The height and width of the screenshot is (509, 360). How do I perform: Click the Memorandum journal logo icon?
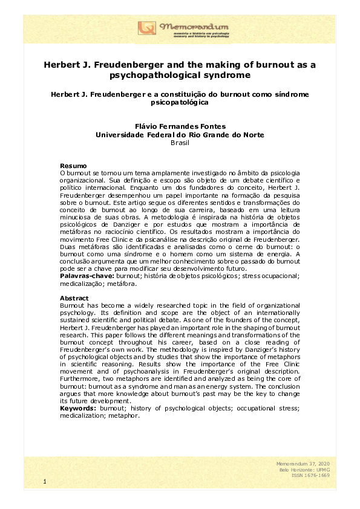click(147, 28)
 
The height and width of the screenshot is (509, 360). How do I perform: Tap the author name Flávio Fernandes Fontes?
click(180, 126)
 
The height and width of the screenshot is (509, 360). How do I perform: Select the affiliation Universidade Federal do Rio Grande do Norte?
click(180, 135)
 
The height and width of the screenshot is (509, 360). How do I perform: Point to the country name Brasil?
click(180, 143)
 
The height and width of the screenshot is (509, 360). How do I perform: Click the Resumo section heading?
click(73, 166)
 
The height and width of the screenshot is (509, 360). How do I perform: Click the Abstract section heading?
click(74, 297)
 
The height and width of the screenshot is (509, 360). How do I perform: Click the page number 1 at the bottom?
click(45, 481)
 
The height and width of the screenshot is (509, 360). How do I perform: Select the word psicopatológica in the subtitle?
click(180, 103)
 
